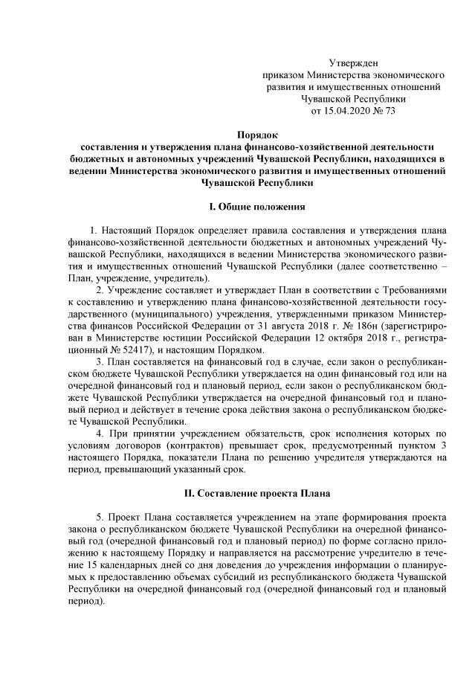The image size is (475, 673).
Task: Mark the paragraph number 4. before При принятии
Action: [100, 433]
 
